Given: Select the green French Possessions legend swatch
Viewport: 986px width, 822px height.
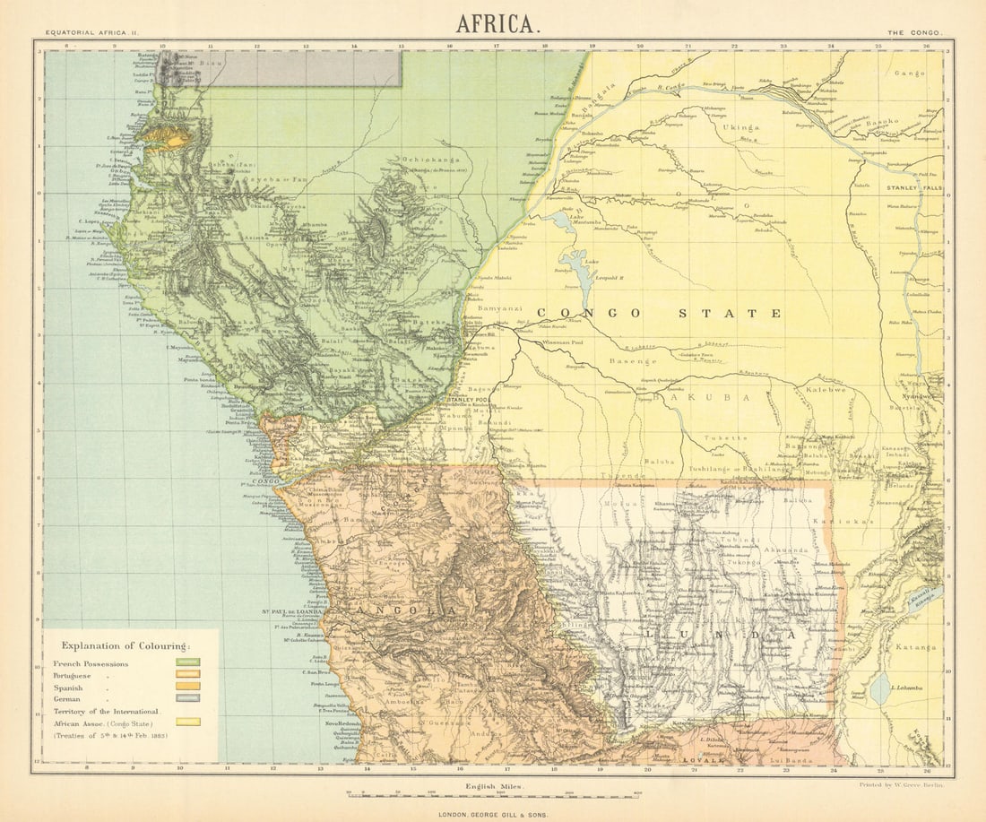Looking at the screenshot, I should [187, 663].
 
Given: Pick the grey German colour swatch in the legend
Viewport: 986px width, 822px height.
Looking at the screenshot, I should [187, 697].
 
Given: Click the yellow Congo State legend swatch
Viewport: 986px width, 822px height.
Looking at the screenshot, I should [187, 721].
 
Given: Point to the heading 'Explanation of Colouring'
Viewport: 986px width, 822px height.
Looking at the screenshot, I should [125, 645].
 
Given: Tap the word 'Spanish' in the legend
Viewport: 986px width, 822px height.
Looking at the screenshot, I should [75, 687].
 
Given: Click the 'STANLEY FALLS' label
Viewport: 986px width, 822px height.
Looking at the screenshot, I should [912, 188].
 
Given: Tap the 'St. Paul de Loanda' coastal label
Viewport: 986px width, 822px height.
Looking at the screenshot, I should [291, 611].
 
